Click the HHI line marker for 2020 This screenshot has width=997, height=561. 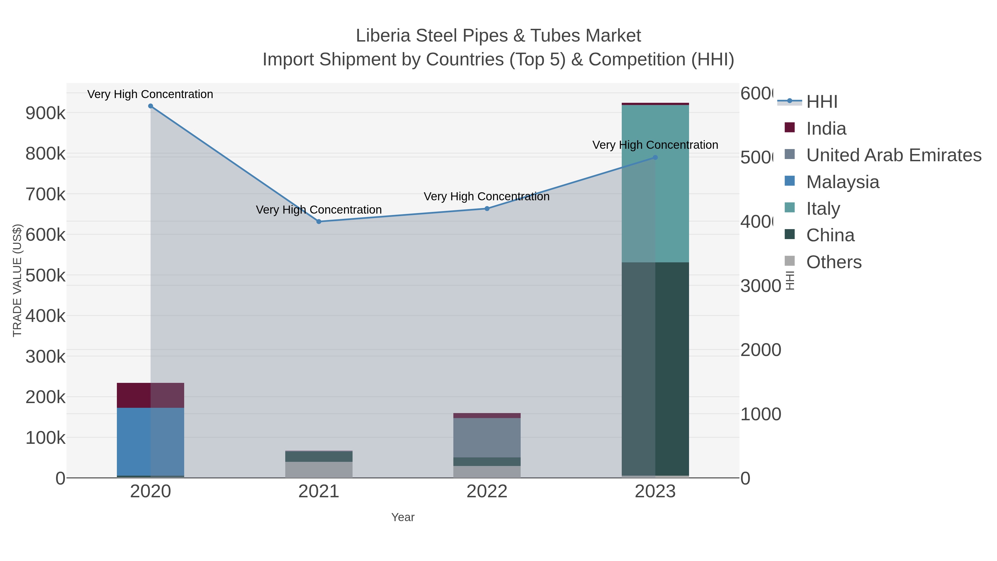pyautogui.click(x=151, y=106)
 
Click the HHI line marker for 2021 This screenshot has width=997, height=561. pyautogui.click(x=319, y=221)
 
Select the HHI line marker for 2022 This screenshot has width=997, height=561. pyautogui.click(x=487, y=209)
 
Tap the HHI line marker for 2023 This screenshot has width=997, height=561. pyautogui.click(x=655, y=158)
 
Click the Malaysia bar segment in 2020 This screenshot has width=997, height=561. pyautogui.click(x=151, y=441)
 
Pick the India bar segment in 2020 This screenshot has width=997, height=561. pyautogui.click(x=151, y=395)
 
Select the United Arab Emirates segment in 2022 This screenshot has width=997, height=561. pyautogui.click(x=487, y=437)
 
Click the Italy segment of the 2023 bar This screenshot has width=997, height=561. pyautogui.click(x=655, y=184)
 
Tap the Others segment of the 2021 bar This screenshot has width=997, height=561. pyautogui.click(x=319, y=470)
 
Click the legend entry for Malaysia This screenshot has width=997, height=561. pyautogui.click(x=842, y=182)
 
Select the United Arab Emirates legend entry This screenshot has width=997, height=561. pyautogui.click(x=893, y=155)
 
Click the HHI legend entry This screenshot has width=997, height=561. pyautogui.click(x=821, y=102)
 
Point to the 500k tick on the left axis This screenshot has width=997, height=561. pyautogui.click(x=45, y=276)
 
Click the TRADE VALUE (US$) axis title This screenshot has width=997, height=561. pyautogui.click(x=17, y=280)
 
